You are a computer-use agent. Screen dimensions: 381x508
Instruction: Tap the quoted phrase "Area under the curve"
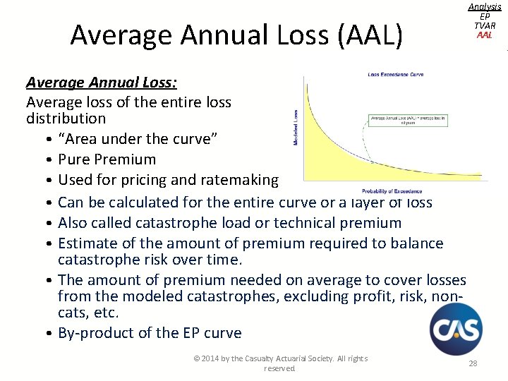coord(138,139)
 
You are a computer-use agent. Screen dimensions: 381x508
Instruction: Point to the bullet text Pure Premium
coord(107,159)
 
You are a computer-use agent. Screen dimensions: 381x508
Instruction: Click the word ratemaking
coord(239,180)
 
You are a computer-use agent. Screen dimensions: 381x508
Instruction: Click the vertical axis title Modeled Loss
coord(295,128)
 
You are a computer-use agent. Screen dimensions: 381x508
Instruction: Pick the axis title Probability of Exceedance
coord(392,190)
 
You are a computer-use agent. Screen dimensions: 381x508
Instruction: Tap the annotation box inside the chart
coord(408,119)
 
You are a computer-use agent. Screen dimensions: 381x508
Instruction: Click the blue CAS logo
coord(456,329)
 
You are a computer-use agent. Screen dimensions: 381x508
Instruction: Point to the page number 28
coord(472,363)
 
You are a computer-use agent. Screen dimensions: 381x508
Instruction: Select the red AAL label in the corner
coord(484,35)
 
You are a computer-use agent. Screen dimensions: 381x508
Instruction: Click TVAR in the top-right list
coord(484,25)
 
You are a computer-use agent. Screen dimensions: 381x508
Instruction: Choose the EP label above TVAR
coord(484,16)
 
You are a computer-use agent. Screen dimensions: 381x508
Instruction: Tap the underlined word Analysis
coord(484,6)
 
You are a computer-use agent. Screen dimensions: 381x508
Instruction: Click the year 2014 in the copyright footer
coord(210,358)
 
